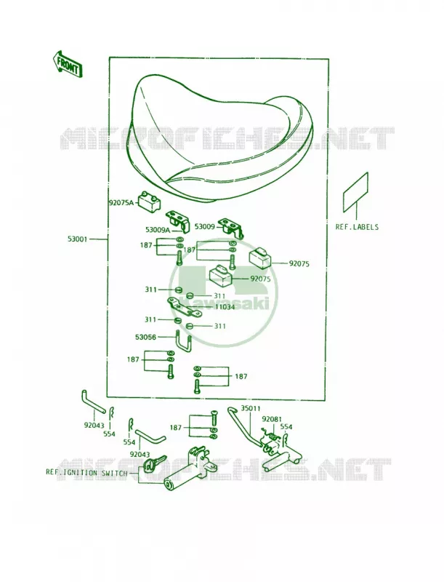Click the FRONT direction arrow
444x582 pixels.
[67, 63]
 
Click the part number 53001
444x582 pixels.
[77, 239]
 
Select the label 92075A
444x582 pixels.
[121, 203]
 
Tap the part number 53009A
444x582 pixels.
[158, 230]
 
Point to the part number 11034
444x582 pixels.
[225, 307]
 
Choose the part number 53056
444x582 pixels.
[145, 337]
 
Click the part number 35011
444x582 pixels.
[251, 409]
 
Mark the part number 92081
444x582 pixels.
[272, 420]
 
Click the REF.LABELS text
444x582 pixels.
[357, 227]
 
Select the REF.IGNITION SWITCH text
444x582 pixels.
[86, 473]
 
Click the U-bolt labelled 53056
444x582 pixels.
[183, 340]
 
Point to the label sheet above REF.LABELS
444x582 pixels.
[355, 192]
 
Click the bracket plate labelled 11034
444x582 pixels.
[184, 307]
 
